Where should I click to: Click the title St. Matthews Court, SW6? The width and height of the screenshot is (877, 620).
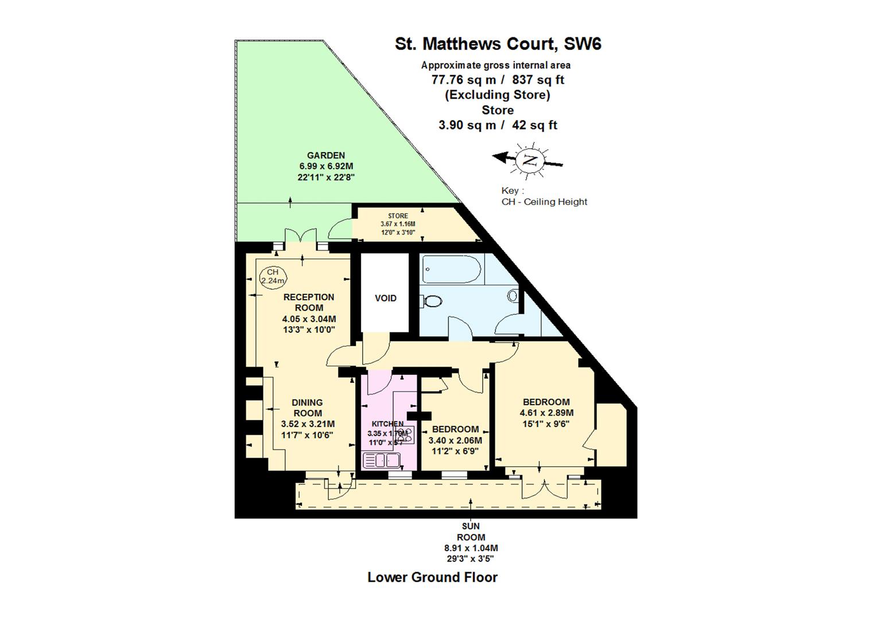(x=498, y=44)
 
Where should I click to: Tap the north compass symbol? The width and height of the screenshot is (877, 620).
(x=529, y=160)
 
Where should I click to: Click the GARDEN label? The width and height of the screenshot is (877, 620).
(x=325, y=155)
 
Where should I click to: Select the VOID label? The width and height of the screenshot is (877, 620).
(x=385, y=298)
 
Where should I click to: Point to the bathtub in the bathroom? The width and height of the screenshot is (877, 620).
(x=452, y=269)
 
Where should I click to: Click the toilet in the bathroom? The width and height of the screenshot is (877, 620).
(x=433, y=300)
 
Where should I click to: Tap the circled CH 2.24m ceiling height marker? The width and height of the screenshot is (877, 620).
(x=273, y=276)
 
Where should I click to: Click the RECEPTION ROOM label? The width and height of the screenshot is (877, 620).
(x=309, y=302)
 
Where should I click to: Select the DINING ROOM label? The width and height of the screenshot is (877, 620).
(x=308, y=408)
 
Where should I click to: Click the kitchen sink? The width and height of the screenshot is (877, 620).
(x=382, y=460)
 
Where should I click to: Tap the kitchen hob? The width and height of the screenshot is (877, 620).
(x=407, y=435)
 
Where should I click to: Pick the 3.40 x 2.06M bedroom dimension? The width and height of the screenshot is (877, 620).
(x=455, y=440)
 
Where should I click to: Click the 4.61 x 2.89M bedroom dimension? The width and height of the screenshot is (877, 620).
(x=546, y=412)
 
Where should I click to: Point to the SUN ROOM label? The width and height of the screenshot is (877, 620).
(x=471, y=531)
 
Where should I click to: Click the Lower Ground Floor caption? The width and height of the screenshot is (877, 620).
(x=432, y=577)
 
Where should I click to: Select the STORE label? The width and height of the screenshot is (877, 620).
(x=398, y=216)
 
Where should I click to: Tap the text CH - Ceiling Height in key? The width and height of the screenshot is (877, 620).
(x=544, y=201)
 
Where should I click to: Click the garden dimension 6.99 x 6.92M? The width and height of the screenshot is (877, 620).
(x=325, y=166)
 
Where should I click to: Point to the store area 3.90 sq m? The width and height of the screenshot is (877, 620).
(x=467, y=125)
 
